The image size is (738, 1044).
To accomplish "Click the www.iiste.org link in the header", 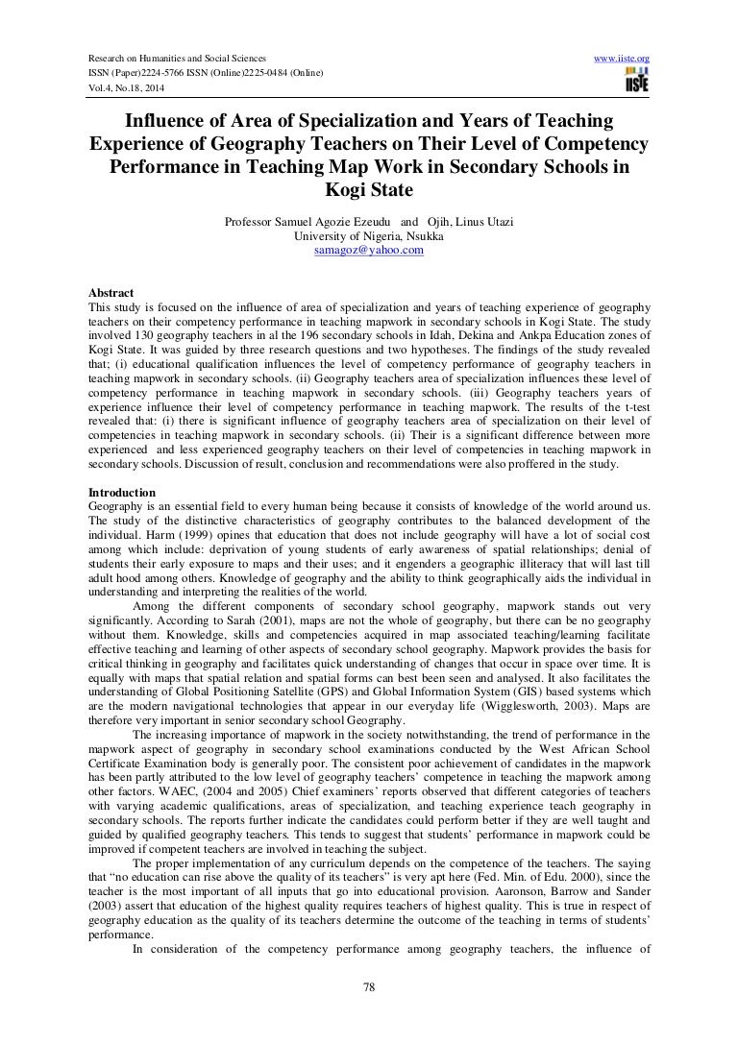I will click(623, 32).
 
